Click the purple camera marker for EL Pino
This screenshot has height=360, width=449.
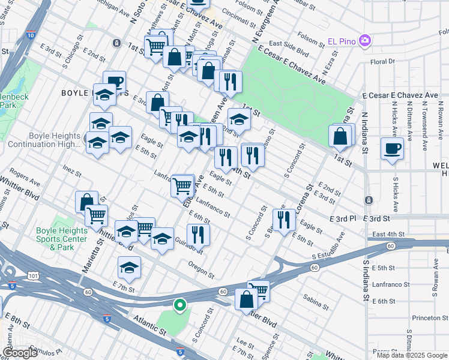(x=364, y=41)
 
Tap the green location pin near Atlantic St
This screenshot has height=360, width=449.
(x=179, y=306)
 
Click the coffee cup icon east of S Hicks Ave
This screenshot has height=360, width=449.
(x=393, y=148)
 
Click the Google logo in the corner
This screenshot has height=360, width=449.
(x=20, y=353)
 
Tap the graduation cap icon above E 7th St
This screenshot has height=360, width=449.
(x=129, y=267)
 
